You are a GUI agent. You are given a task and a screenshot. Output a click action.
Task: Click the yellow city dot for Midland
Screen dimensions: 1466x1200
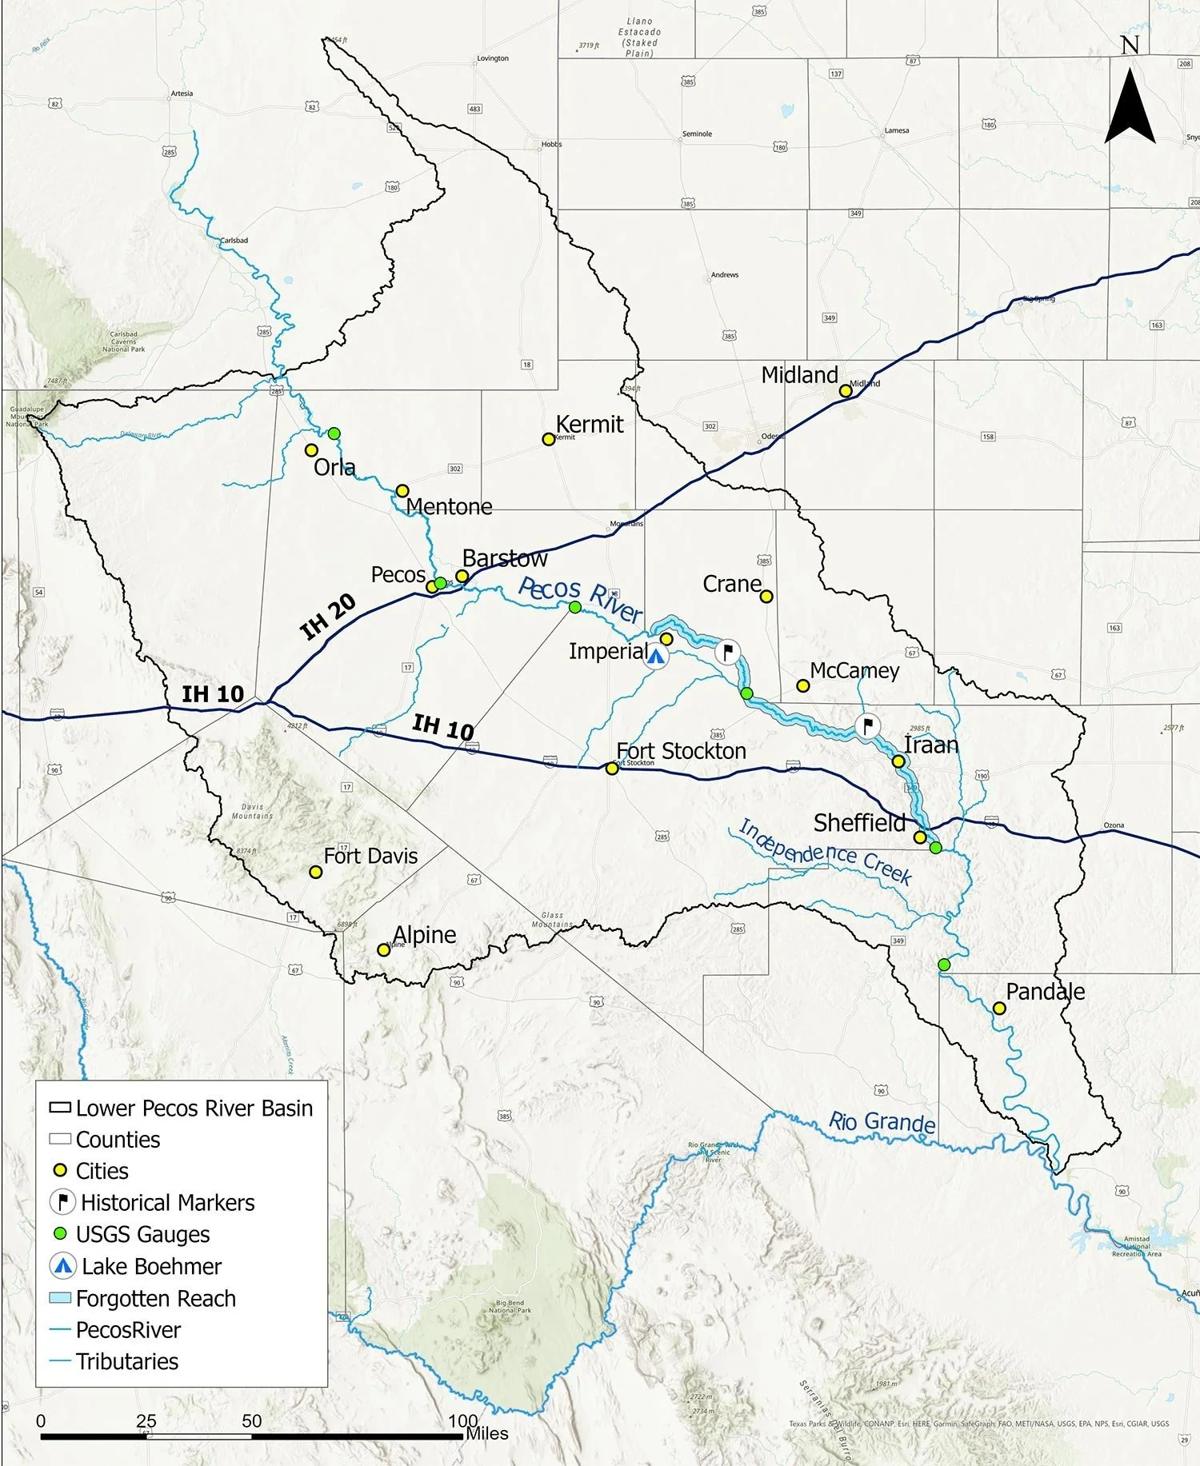point(845,391)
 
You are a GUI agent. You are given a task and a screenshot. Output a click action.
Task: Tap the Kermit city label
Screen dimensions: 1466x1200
point(589,424)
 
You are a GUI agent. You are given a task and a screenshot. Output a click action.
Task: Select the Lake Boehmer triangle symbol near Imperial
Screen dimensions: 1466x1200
point(656,657)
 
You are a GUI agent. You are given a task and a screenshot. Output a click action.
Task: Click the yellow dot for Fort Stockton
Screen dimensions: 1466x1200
point(612,769)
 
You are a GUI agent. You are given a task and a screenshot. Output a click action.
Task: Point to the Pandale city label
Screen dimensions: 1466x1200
point(1045,992)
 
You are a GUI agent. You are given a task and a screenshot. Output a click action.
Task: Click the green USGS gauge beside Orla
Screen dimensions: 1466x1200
point(334,433)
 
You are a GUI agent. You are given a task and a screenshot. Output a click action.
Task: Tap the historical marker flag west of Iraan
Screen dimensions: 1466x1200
point(867,726)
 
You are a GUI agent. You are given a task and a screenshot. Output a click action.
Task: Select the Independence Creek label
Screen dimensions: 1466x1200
point(824,853)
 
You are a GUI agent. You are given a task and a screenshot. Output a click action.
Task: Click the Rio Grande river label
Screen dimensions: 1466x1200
point(882,1122)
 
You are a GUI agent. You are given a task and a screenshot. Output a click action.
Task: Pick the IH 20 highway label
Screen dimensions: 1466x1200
point(328,617)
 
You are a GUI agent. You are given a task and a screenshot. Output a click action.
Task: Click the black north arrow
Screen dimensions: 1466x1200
point(1130,104)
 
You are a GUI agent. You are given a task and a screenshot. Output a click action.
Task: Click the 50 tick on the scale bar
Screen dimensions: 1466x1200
point(252,1420)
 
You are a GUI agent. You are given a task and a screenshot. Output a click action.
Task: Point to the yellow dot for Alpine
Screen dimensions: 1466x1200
point(384,950)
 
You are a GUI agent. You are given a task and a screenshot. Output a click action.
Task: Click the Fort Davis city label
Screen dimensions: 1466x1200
point(370,856)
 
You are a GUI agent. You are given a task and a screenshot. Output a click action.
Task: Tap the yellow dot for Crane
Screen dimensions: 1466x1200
point(766,597)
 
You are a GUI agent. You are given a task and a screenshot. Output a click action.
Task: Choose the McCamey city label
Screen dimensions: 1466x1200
point(854,670)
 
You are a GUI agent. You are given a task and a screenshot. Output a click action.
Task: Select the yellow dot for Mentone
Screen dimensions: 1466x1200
point(402,491)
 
